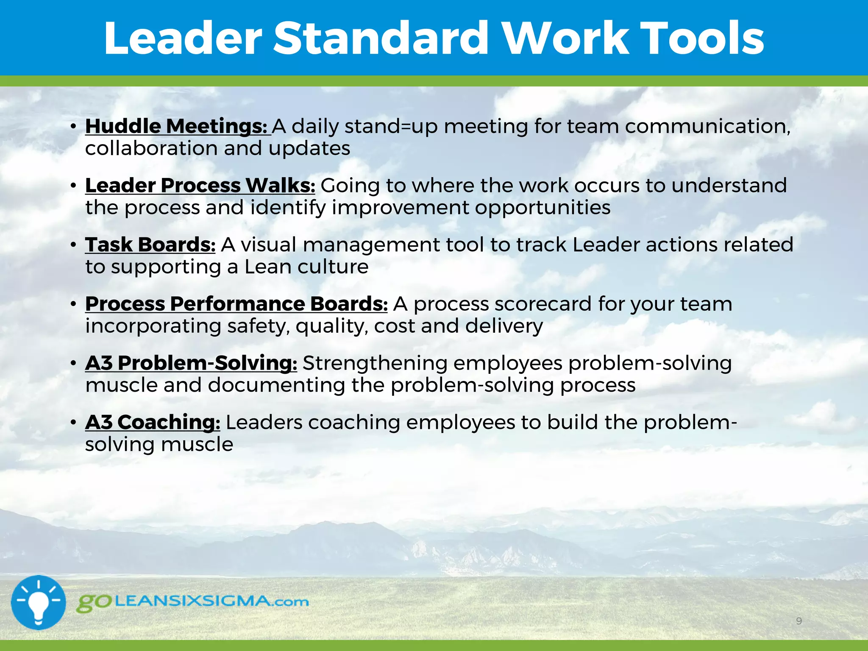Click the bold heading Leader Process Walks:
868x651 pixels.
click(200, 186)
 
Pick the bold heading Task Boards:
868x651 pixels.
click(150, 245)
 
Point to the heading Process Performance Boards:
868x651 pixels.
click(236, 304)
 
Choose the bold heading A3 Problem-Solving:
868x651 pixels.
click(191, 363)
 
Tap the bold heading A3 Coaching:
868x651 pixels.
click(153, 422)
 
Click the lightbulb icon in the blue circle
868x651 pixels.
click(38, 602)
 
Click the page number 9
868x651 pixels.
click(799, 621)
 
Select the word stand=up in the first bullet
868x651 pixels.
click(391, 127)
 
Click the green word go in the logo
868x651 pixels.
click(94, 603)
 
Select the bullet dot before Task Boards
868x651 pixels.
click(73, 245)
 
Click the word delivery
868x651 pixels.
click(504, 326)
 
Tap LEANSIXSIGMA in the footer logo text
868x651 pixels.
click(193, 601)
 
